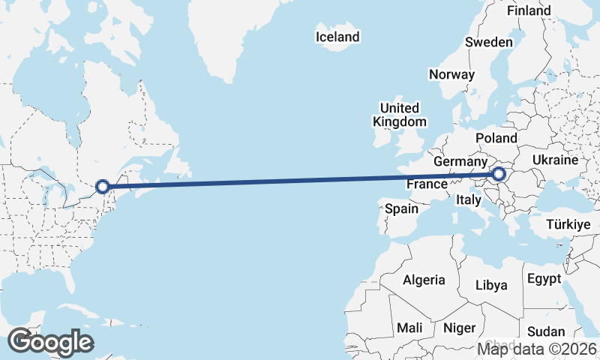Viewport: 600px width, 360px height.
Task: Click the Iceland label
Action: [337, 37]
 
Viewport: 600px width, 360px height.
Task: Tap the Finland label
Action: [529, 11]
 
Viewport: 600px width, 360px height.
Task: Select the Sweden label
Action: [488, 43]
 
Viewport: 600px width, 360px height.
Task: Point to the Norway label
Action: [451, 74]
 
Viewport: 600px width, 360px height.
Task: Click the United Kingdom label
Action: [400, 115]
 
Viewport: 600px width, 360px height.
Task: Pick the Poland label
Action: [496, 138]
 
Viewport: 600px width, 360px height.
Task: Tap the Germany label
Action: [460, 161]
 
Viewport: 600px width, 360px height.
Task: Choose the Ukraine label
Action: [555, 160]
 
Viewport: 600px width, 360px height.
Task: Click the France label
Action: [427, 184]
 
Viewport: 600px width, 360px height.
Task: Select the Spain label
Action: [401, 209]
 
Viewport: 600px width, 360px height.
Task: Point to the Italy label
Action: [469, 200]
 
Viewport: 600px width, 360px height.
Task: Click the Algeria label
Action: [424, 280]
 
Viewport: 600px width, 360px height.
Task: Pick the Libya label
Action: [492, 285]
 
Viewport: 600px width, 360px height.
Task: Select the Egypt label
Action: [544, 279]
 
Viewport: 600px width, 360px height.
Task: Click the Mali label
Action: [409, 328]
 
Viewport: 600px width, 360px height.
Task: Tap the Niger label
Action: [459, 328]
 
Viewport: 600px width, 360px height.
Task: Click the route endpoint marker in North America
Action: [103, 187]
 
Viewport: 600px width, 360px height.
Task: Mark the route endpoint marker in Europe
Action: [499, 175]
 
